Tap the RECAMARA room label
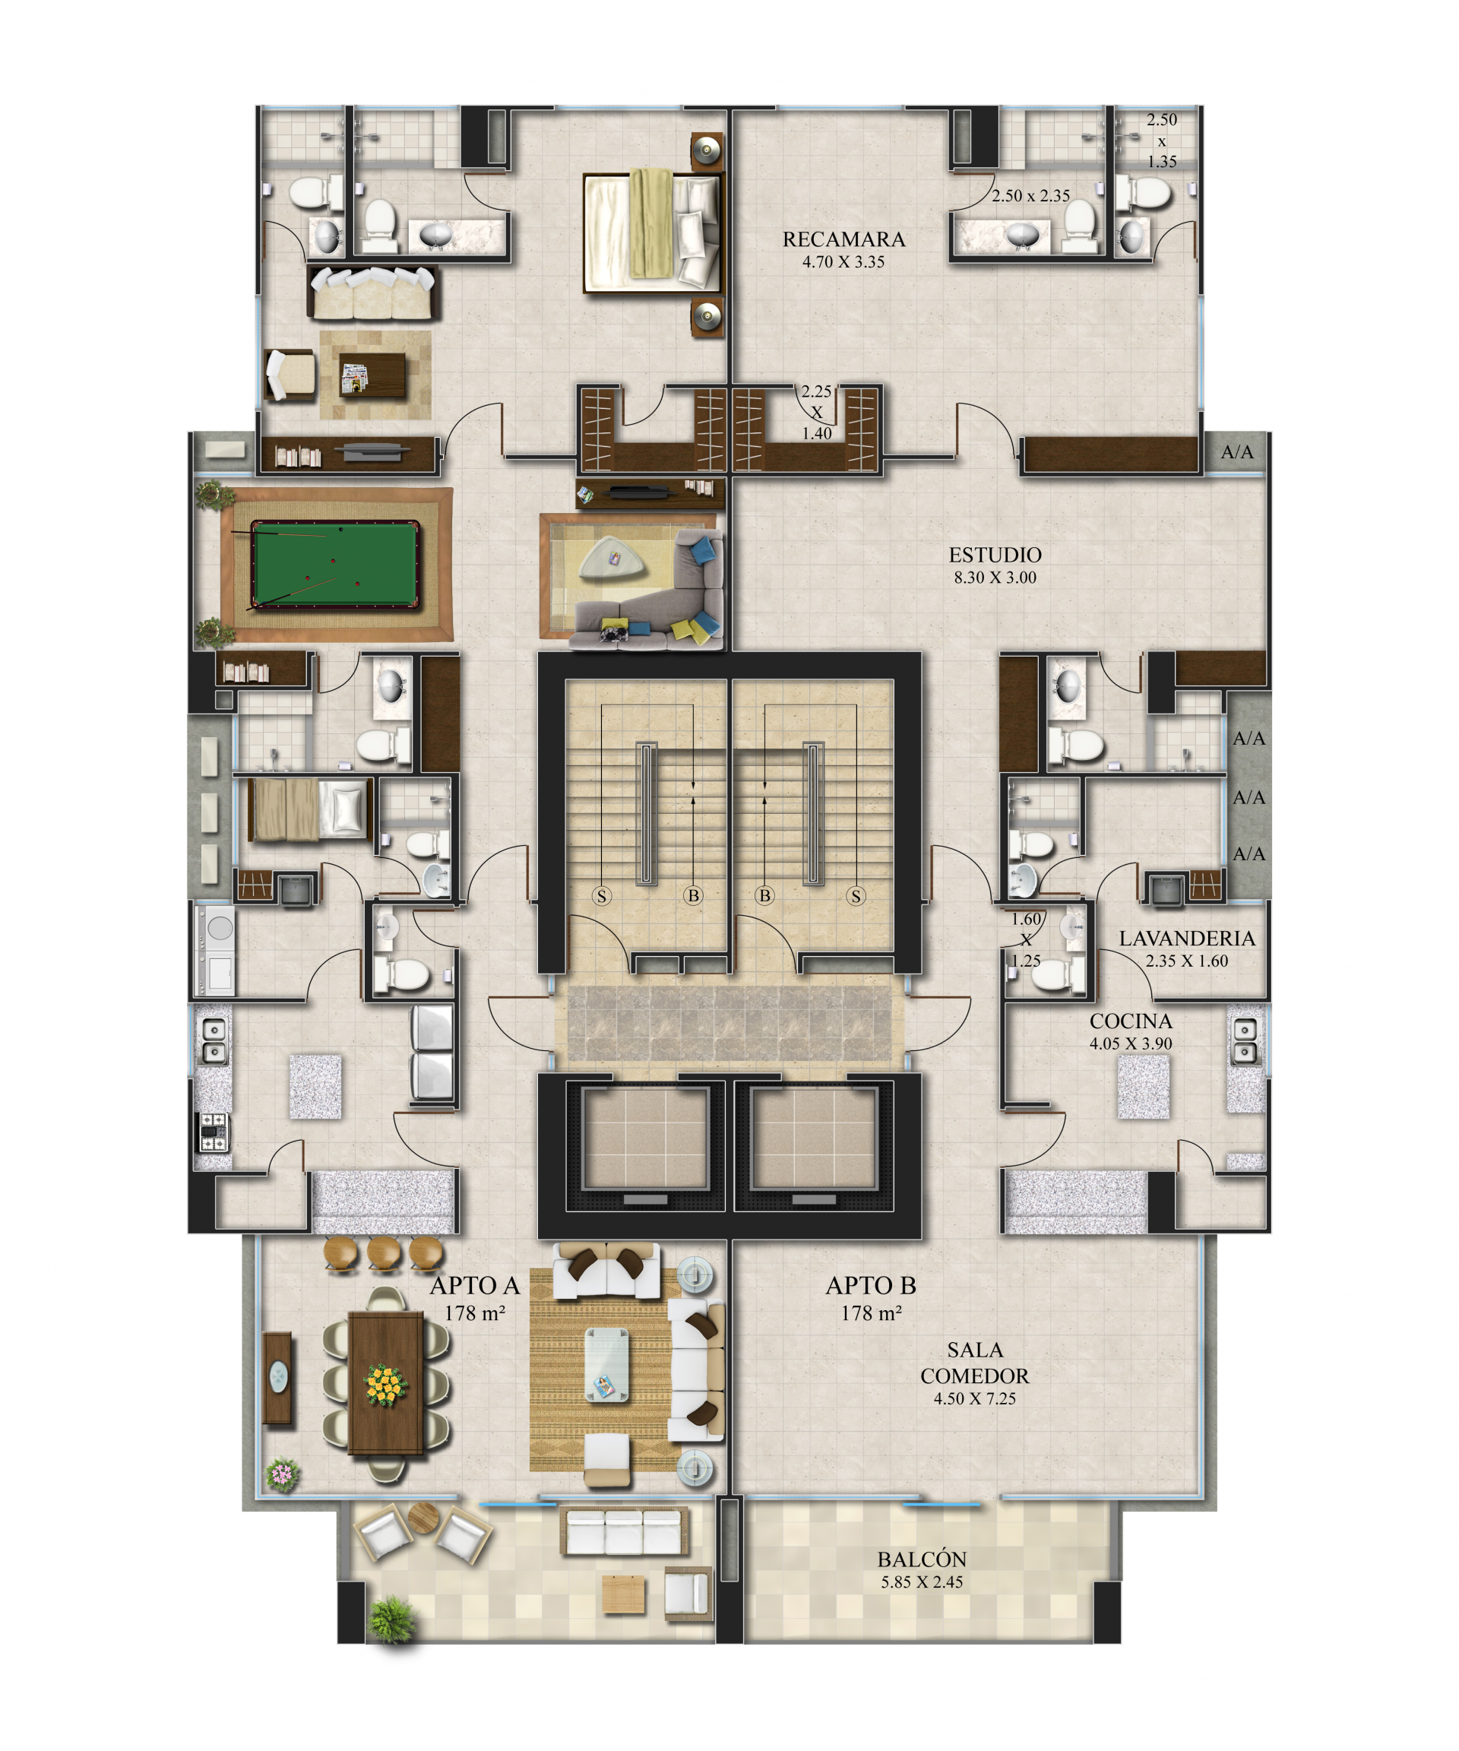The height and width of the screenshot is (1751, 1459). coord(843,239)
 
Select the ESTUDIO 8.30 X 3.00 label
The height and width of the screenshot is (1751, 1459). coord(995,565)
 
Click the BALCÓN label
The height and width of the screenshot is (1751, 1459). coord(921,1559)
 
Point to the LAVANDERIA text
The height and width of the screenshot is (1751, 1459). coord(1186,938)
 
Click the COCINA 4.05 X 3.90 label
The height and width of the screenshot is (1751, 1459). coord(1131,1031)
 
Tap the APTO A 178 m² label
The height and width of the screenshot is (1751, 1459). coord(474,1297)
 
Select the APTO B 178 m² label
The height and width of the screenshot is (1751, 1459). coord(870,1297)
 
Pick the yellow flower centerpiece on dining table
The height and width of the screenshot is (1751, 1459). coord(386,1384)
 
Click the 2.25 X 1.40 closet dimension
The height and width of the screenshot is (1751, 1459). coord(816,412)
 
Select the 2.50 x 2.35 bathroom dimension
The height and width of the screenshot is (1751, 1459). coord(1030,196)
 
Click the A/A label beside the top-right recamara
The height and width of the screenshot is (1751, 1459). coord(1236,452)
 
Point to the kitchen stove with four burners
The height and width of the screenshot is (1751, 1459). coord(212,1131)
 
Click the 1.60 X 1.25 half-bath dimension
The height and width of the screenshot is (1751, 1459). coord(1025,939)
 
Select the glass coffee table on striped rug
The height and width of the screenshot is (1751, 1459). coord(606,1364)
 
